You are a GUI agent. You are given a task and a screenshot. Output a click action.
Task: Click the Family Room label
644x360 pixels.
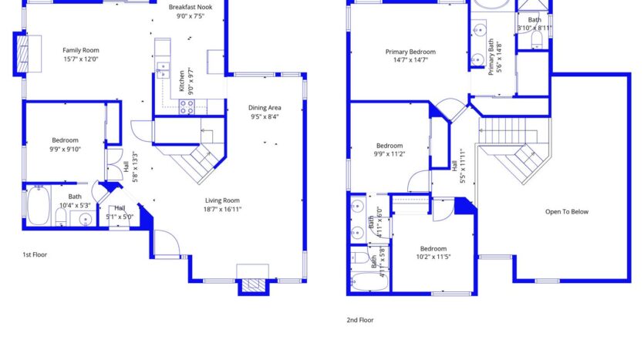point(81,50)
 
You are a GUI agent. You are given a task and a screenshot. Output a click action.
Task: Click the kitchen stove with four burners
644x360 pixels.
point(187,107)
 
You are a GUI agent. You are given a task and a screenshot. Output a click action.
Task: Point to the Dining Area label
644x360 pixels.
point(264,107)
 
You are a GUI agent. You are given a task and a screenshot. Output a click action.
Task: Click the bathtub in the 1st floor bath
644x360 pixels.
point(38,207)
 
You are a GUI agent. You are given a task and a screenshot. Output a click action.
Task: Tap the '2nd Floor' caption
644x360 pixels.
point(360,319)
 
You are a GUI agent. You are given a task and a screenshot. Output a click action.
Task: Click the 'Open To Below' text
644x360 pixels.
point(567,212)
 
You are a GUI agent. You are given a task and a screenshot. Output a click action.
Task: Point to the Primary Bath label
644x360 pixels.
point(491,58)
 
